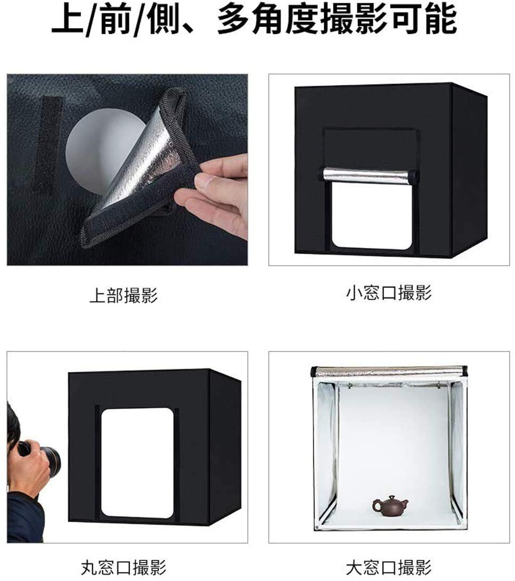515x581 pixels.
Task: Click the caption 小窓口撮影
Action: [389, 293]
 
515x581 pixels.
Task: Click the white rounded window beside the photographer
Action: [137, 463]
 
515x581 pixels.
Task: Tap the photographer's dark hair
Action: [12, 426]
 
